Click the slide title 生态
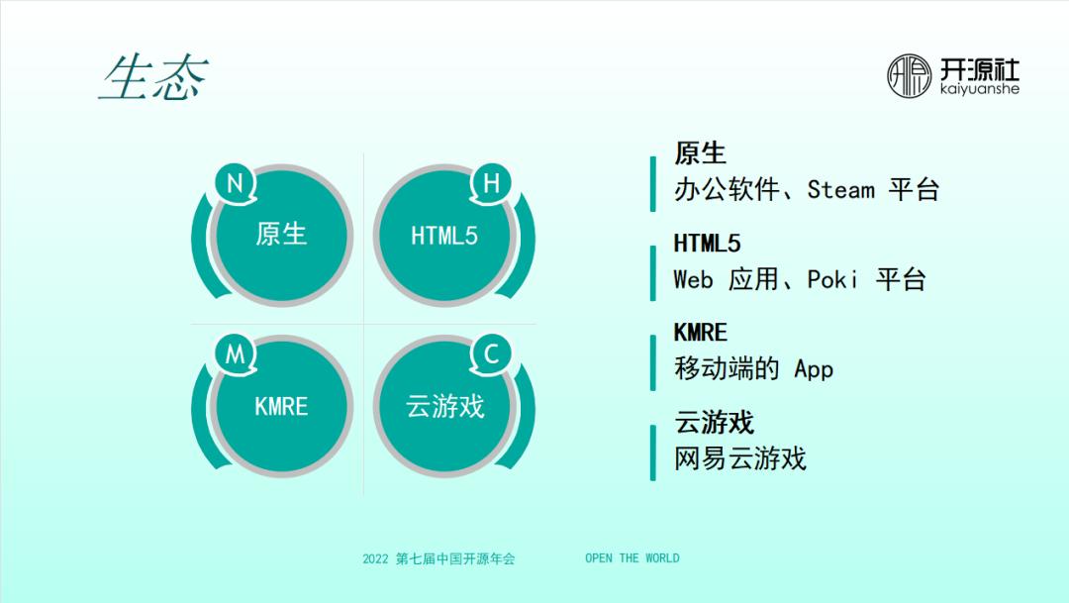153,79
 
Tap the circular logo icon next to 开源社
909,76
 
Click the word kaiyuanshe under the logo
979,90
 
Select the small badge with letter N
236,184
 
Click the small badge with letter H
491,184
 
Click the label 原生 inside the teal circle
281,235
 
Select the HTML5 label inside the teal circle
444,236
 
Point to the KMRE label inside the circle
281,407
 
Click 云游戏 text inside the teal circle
445,407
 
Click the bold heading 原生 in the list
700,153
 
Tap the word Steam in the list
840,189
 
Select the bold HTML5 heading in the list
707,244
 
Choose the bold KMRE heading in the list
700,333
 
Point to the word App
814,369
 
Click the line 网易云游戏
739,458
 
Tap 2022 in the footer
375,558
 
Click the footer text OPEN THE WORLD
632,558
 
